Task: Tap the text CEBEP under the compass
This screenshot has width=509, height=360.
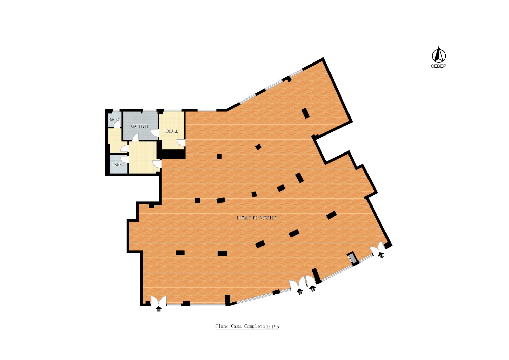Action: pos(438,66)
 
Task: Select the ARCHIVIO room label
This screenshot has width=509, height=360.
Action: pos(140,126)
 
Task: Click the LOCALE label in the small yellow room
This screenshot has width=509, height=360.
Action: pos(171,131)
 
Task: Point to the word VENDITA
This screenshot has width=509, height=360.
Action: pos(268,218)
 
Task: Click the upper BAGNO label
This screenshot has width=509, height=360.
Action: pos(114,120)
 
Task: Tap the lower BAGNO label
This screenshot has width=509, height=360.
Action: pos(118,164)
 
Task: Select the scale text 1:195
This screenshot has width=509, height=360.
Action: pos(272,327)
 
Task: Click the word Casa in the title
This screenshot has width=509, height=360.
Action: pos(237,326)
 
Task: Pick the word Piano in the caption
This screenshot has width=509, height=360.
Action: pos(222,326)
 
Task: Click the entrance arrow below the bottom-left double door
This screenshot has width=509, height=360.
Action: pos(158,309)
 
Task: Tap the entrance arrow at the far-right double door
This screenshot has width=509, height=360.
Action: pos(381,255)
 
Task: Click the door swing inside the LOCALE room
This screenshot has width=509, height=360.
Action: pos(182,142)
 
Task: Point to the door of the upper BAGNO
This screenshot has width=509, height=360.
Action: pos(117,124)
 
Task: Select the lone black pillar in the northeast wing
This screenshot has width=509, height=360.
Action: pos(306,113)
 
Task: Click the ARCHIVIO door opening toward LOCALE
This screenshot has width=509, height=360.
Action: pos(155,133)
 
